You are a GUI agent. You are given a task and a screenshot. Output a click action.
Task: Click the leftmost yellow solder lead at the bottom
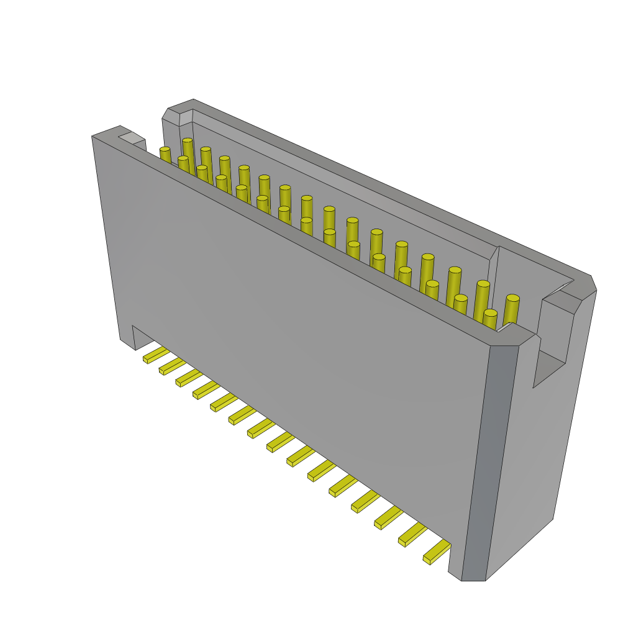(155, 355)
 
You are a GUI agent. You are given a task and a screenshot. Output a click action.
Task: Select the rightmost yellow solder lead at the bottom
(437, 551)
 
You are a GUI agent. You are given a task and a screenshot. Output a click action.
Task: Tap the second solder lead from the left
(172, 366)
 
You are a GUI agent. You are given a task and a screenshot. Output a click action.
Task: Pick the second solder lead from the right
(412, 534)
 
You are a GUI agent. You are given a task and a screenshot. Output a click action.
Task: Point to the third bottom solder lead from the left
(189, 378)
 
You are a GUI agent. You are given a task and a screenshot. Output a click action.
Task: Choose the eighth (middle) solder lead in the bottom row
(279, 442)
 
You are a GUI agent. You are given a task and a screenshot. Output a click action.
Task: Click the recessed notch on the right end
(550, 366)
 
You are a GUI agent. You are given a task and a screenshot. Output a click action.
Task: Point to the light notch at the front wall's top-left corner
(131, 138)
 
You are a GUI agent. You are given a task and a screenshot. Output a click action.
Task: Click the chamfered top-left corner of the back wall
(179, 114)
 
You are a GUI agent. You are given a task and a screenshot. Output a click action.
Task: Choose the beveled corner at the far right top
(587, 287)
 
